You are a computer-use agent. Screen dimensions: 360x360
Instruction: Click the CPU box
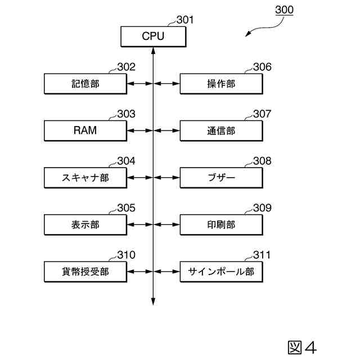[x=153, y=37]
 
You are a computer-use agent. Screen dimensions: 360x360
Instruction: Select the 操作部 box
[x=221, y=84]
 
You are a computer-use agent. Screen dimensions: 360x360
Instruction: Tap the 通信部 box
[x=221, y=130]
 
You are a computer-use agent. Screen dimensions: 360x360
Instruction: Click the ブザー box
[x=221, y=178]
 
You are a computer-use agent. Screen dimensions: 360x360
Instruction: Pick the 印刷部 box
[x=221, y=224]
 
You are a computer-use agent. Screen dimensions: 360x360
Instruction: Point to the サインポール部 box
[x=221, y=272]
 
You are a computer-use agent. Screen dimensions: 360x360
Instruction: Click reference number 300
[x=283, y=10]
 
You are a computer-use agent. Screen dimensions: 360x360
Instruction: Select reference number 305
[x=126, y=208]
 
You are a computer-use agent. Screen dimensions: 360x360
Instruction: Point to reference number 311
[x=262, y=255]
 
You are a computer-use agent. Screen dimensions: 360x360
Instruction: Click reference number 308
[x=262, y=161]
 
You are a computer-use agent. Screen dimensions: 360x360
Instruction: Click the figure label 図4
[x=302, y=346]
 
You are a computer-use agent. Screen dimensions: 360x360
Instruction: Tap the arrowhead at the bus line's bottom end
[x=153, y=302]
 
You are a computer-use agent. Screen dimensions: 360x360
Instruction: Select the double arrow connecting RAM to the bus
[x=139, y=130]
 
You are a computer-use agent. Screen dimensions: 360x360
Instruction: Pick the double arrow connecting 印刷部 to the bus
[x=166, y=224]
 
